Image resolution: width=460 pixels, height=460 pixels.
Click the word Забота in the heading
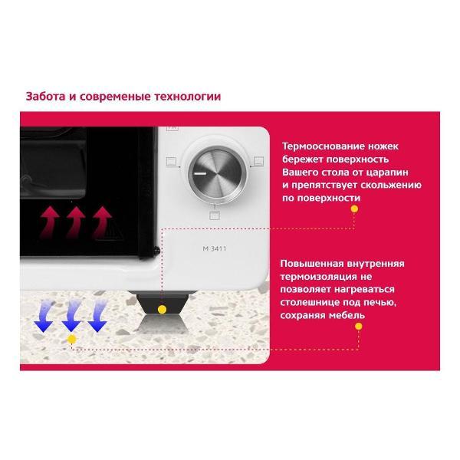[45, 97]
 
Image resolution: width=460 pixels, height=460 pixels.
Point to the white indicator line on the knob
[200, 174]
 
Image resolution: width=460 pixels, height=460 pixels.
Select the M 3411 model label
[215, 248]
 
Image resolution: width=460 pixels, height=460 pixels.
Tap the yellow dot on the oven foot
[162, 310]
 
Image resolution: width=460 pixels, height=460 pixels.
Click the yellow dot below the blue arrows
[71, 340]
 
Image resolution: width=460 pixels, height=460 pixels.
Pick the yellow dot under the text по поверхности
[354, 209]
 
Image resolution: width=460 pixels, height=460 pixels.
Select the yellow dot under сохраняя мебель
[358, 327]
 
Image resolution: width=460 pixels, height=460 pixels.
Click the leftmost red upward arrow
[49, 222]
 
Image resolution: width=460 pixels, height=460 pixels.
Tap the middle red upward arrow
[75, 222]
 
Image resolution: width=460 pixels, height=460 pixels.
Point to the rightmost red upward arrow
[101, 222]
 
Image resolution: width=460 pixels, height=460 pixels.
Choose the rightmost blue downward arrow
[97, 316]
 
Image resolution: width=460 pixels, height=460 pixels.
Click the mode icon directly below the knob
[215, 215]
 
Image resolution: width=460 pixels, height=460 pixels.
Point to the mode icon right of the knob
[259, 161]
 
